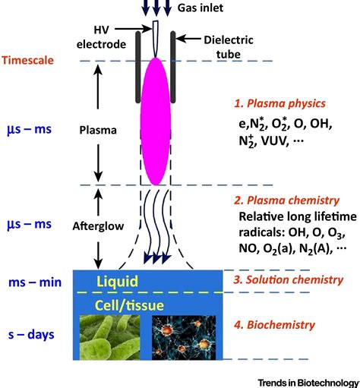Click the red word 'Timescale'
[30, 61]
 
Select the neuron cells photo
[179, 339]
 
